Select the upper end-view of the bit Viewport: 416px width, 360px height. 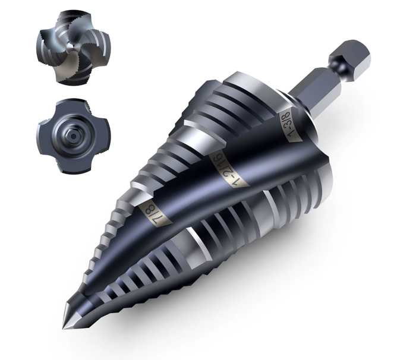click(x=73, y=48)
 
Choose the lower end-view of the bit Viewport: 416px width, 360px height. click(x=73, y=137)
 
